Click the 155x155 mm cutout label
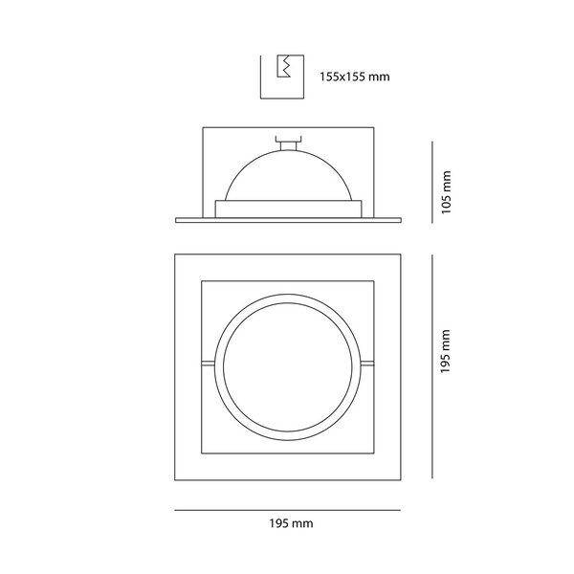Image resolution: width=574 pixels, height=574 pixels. tap(355, 77)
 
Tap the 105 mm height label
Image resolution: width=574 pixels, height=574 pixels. tap(446, 192)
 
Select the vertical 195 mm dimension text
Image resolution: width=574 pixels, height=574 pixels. tap(445, 351)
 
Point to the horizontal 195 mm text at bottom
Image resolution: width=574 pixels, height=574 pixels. tap(292, 523)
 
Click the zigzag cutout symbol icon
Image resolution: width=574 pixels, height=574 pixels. tap(284, 66)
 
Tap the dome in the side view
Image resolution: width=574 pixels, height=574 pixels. tap(289, 175)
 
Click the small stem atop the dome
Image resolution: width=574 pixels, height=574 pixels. tap(288, 143)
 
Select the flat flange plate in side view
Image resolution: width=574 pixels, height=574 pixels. tap(289, 220)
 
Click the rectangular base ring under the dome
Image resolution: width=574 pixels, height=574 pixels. tap(289, 209)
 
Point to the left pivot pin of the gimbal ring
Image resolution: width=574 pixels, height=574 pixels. tap(208, 364)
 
